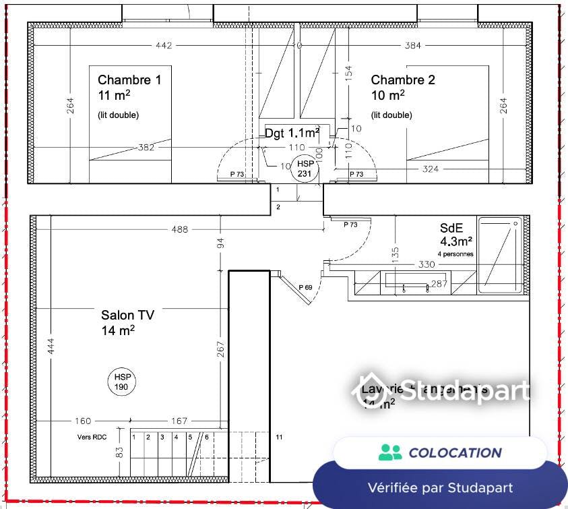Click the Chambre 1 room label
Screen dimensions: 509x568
(x=129, y=80)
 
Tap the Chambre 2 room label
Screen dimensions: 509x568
(x=403, y=80)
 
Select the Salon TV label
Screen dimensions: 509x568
(x=127, y=315)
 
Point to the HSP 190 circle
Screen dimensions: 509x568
(x=122, y=382)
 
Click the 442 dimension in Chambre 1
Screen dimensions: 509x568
(x=164, y=46)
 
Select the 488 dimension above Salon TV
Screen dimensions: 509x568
(x=180, y=230)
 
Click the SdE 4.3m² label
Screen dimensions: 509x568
(x=456, y=234)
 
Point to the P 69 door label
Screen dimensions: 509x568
(x=305, y=287)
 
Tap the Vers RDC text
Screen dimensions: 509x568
(x=92, y=437)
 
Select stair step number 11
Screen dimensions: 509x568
(x=279, y=437)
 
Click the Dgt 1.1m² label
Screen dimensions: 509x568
(x=292, y=133)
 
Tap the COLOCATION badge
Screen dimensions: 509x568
(x=440, y=452)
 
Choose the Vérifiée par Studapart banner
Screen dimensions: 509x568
(x=440, y=487)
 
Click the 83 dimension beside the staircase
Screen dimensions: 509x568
(x=119, y=453)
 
